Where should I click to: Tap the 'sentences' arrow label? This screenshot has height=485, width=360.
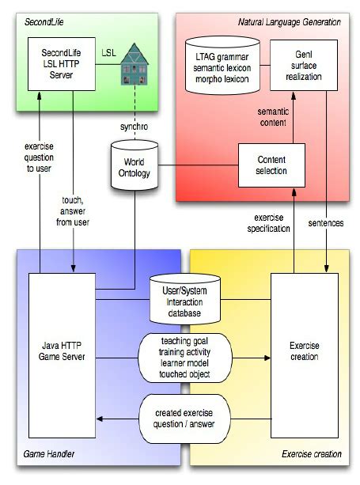pyautogui.click(x=325, y=223)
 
